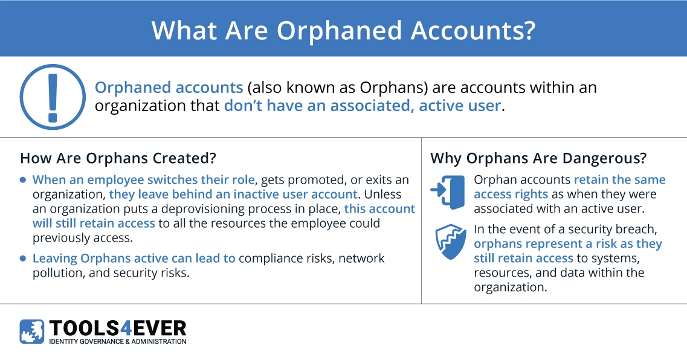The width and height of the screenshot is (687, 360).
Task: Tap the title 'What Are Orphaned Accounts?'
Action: click(343, 30)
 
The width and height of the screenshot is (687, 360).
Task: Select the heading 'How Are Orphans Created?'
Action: click(118, 158)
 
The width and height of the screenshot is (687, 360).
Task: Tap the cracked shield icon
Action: click(450, 242)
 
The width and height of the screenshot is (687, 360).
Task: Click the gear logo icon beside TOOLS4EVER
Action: click(31, 332)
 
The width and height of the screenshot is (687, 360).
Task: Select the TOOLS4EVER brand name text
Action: click(117, 328)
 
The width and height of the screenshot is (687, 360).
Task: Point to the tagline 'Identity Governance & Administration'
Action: click(117, 341)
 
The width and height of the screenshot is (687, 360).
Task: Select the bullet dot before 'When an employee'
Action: click(23, 180)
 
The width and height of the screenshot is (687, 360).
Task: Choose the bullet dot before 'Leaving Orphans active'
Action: click(23, 259)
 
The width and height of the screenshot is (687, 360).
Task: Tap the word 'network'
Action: click(361, 259)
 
